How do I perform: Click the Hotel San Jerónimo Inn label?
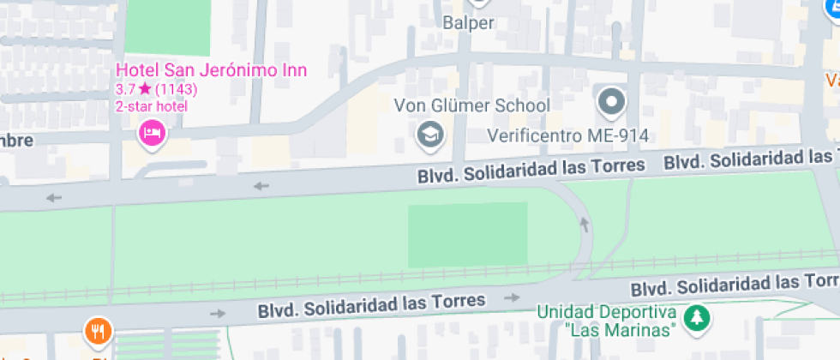point(211,70)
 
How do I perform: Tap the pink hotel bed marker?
point(152,132)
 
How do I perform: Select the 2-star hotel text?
point(152,106)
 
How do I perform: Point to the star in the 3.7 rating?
point(144,89)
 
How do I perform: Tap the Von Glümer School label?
point(471,105)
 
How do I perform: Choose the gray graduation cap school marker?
point(429,133)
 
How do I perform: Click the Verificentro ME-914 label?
point(567,135)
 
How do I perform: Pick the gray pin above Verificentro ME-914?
point(611,102)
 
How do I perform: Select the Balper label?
point(468,23)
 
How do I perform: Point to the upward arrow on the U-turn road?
point(585,225)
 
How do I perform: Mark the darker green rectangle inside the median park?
point(467,235)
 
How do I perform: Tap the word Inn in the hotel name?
point(295,70)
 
